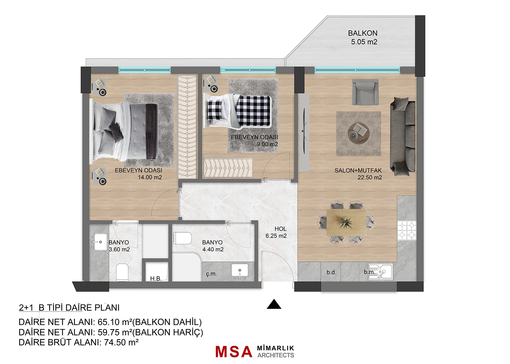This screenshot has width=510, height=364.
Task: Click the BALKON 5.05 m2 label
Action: (363, 37)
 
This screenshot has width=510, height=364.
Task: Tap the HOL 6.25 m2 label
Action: (276, 232)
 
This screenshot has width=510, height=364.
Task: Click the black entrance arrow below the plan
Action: (274, 304)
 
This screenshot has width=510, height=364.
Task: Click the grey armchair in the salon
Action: (365, 92)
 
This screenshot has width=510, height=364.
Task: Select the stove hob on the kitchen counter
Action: (407, 230)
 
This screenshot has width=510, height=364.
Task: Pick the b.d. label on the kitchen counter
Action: (331, 272)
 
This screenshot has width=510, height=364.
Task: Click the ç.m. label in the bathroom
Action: (211, 274)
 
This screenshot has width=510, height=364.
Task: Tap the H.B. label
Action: (156, 278)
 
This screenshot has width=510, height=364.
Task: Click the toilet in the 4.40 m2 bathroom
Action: (182, 238)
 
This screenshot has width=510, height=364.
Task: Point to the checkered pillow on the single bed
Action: (214, 110)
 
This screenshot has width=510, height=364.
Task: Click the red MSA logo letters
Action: (234, 352)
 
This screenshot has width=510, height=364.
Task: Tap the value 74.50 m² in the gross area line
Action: (121, 342)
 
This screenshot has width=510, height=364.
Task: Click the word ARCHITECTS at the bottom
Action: (276, 355)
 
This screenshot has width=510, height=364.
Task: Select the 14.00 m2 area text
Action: (150, 177)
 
